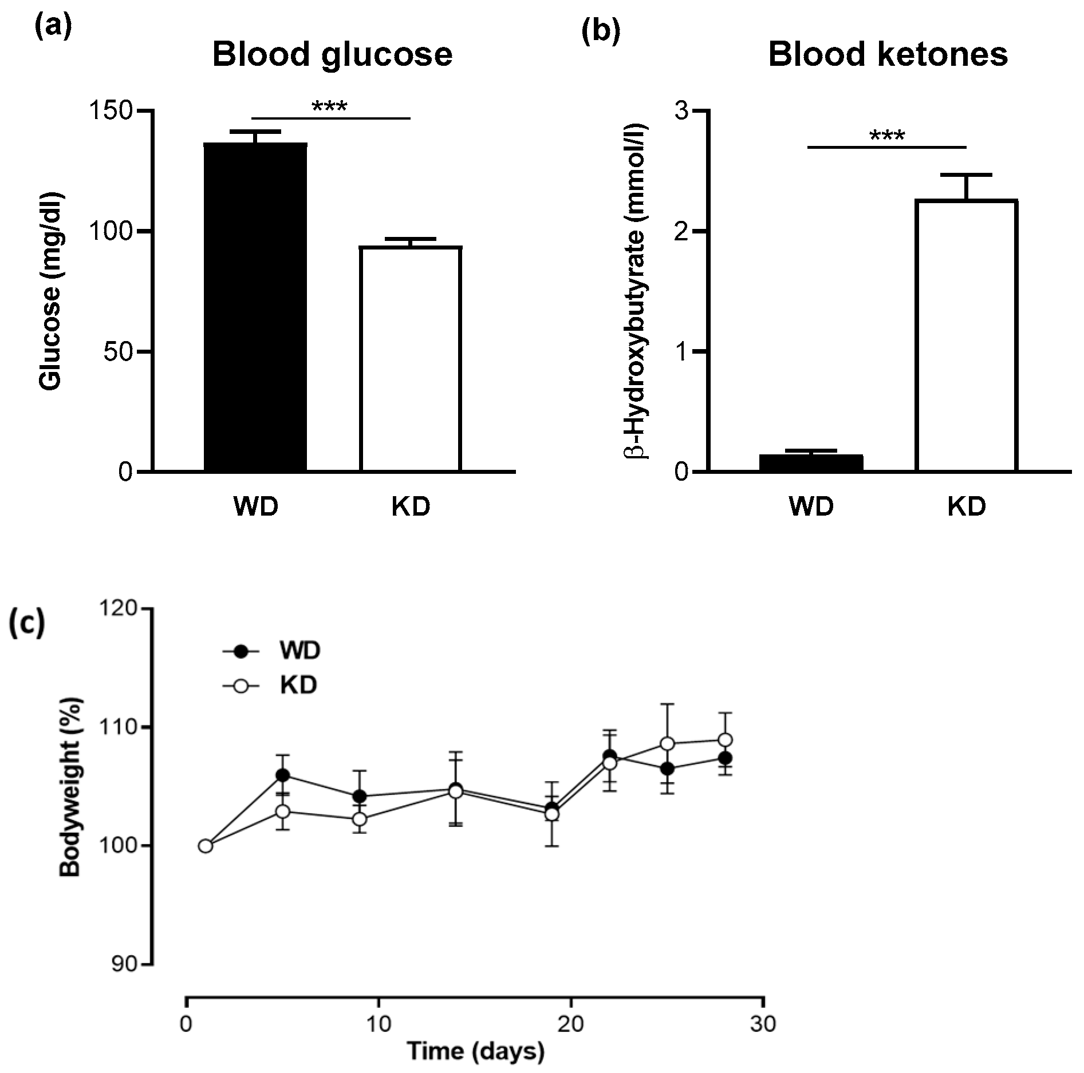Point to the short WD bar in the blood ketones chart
pos(811,463)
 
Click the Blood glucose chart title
pos(332,55)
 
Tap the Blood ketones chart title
pos(888,55)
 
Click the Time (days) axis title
pos(475,1051)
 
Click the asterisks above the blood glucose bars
pos(330,107)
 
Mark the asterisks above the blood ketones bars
pos(887,137)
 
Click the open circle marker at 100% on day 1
pos(205,846)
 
